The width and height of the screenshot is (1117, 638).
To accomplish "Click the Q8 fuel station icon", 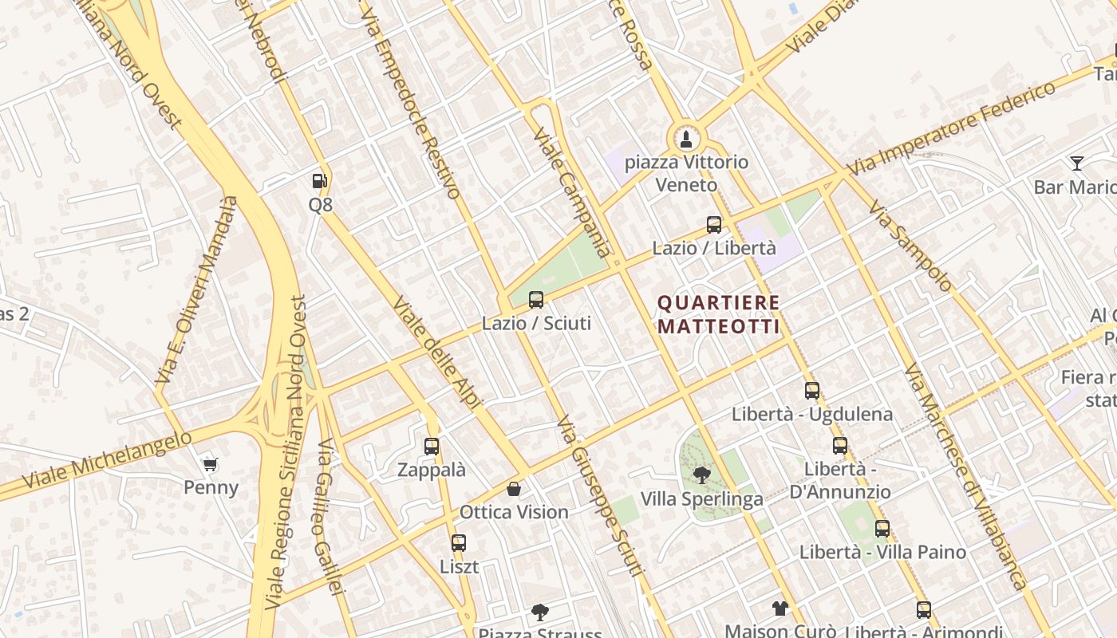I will pyautogui.click(x=319, y=181).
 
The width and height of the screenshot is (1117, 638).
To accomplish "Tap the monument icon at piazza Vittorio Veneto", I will pyautogui.click(x=685, y=139).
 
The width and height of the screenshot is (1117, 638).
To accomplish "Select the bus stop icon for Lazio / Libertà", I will pyautogui.click(x=714, y=225).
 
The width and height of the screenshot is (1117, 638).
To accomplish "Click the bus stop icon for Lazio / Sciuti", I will pyautogui.click(x=536, y=300).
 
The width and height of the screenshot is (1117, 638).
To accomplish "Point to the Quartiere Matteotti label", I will pyautogui.click(x=718, y=315).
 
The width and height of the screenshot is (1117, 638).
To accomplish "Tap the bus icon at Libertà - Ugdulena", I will pyautogui.click(x=812, y=391).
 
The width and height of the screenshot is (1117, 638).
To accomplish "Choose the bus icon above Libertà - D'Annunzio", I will pyautogui.click(x=840, y=446).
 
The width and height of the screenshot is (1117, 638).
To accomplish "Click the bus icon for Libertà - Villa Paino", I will pyautogui.click(x=882, y=528).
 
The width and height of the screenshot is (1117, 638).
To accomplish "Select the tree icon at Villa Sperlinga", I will pyautogui.click(x=702, y=475).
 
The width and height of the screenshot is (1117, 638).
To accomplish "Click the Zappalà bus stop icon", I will pyautogui.click(x=432, y=447).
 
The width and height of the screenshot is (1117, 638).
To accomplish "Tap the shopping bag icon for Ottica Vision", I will pyautogui.click(x=514, y=488).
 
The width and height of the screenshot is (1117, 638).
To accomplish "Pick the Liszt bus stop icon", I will pyautogui.click(x=459, y=543).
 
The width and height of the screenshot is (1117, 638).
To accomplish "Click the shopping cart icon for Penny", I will pyautogui.click(x=211, y=464).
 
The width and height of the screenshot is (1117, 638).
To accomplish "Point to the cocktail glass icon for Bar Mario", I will pyautogui.click(x=1077, y=163).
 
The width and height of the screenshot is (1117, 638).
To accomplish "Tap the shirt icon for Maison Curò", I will pyautogui.click(x=780, y=608).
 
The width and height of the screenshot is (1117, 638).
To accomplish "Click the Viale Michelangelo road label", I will pyautogui.click(x=108, y=461).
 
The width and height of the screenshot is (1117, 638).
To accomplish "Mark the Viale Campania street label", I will pyautogui.click(x=571, y=191).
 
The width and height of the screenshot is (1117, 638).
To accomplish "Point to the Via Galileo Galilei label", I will pyautogui.click(x=330, y=517).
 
